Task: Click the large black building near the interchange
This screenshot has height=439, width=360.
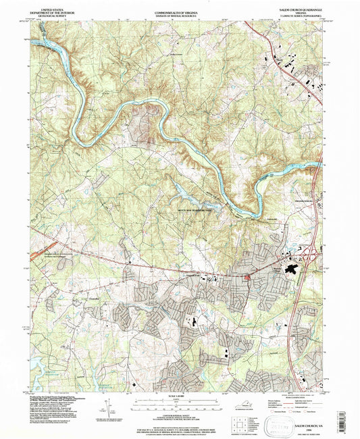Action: [296, 269]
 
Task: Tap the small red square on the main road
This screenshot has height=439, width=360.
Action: [247, 276]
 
